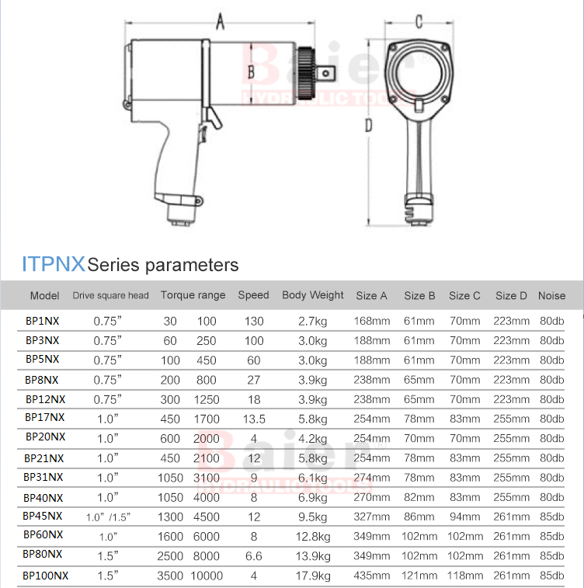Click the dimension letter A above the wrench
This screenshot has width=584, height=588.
click(x=220, y=21)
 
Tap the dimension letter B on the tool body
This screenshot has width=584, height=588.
click(x=251, y=71)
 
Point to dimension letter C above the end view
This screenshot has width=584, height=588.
click(x=419, y=22)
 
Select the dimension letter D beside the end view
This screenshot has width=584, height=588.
click(x=369, y=125)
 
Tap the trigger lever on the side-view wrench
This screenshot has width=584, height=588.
click(x=214, y=117)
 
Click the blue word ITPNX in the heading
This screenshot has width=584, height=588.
click(x=54, y=263)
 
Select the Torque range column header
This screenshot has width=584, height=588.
click(x=193, y=295)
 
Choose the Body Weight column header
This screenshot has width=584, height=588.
click(x=313, y=295)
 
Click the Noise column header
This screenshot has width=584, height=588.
click(x=551, y=295)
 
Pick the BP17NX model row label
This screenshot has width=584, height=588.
click(x=44, y=417)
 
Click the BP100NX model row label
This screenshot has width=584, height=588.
click(x=45, y=576)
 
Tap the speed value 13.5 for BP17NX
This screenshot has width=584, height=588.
click(x=254, y=419)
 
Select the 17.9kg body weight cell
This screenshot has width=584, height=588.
click(x=313, y=576)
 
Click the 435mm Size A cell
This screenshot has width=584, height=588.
click(x=372, y=576)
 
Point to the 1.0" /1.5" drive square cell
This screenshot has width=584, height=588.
click(x=108, y=517)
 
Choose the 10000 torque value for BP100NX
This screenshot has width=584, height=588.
click(x=207, y=576)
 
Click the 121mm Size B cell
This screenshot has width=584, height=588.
click(x=419, y=576)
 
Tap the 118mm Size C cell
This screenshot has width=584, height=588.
click(x=465, y=576)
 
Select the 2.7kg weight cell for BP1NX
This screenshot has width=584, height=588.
click(x=313, y=322)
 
